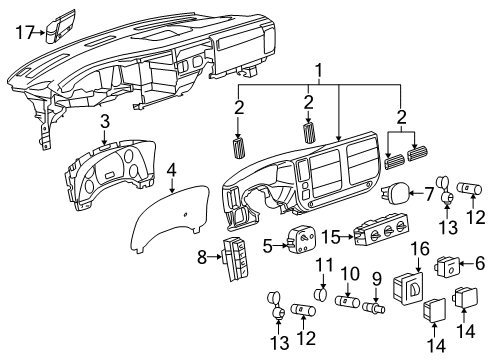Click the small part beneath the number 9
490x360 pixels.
coord(378,307)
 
